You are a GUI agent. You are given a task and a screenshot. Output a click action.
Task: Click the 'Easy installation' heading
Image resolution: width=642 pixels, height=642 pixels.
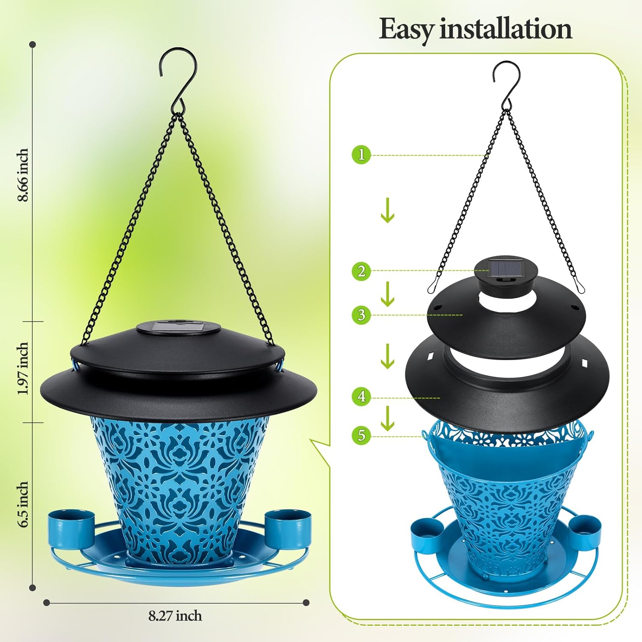(475, 30)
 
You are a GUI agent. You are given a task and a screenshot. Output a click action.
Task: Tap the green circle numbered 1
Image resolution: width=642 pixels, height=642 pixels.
(361, 155)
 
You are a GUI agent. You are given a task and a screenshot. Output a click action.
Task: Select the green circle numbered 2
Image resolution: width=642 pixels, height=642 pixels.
(361, 271)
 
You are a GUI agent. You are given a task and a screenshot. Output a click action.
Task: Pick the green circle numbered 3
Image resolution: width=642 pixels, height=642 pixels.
(361, 315)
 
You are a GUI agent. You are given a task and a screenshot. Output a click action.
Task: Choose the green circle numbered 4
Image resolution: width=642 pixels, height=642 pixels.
(361, 397)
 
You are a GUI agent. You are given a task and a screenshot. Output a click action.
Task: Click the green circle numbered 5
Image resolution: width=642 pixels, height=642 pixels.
(361, 435)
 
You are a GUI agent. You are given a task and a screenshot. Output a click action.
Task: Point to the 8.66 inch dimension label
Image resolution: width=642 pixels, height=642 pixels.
(23, 175)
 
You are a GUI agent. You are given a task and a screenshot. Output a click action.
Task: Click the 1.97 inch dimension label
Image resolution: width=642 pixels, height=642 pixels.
(23, 369)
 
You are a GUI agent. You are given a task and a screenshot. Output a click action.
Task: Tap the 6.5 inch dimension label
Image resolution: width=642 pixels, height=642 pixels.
(23, 505)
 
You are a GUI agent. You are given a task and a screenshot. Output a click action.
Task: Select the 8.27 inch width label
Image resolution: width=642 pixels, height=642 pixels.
(175, 616)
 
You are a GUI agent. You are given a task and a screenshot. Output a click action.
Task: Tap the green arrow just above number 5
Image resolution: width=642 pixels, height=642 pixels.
(387, 418)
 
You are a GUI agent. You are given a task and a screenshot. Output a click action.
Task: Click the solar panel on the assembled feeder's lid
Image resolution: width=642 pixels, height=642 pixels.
(178, 327)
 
